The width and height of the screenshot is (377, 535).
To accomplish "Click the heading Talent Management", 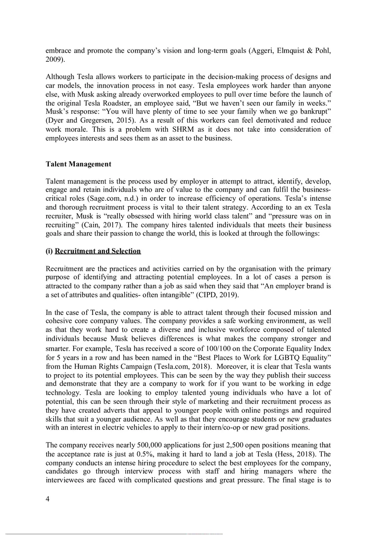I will (x=78, y=164).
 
